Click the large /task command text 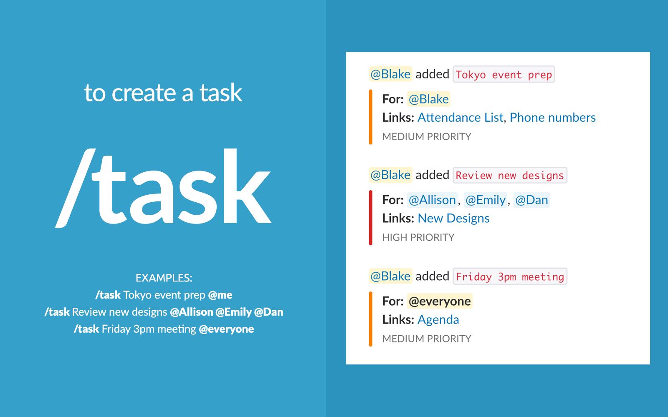coord(164,188)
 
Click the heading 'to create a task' coord(163,93)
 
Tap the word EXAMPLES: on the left coord(164,278)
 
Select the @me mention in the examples coord(220,295)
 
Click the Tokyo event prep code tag coord(504,75)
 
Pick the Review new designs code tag coord(509,176)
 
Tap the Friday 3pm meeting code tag coord(509,277)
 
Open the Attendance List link coord(460,118)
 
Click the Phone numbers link coord(552,118)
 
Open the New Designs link coord(453,219)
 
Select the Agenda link coord(438,320)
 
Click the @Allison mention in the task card coord(432,200)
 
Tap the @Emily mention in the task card coord(486,200)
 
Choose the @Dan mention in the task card coord(531,200)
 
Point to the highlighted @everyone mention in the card coord(440,301)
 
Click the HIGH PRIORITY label coord(418,238)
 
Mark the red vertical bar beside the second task coord(370,218)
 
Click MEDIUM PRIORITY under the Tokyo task coord(426,137)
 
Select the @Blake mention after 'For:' coord(428,99)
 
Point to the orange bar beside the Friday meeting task coord(370,319)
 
